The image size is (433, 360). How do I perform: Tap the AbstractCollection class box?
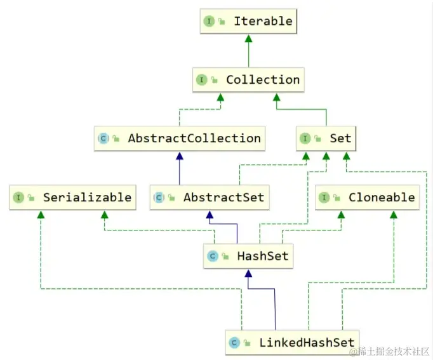tap(180, 138)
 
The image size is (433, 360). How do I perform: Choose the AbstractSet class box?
tap(210, 197)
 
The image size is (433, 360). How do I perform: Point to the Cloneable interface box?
tap(367, 197)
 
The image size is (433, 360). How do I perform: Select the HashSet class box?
tap(248, 257)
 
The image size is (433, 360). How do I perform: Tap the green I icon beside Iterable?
tap(208, 22)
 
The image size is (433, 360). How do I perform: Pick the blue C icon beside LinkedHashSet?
tap(234, 343)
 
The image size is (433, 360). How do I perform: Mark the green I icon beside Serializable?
tap(18, 197)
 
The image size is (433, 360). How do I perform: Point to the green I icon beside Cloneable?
tap(324, 197)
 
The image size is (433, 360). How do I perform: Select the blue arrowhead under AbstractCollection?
tap(180, 156)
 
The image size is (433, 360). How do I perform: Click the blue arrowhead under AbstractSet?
tap(210, 215)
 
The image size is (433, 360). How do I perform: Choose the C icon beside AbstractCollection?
tap(103, 138)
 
